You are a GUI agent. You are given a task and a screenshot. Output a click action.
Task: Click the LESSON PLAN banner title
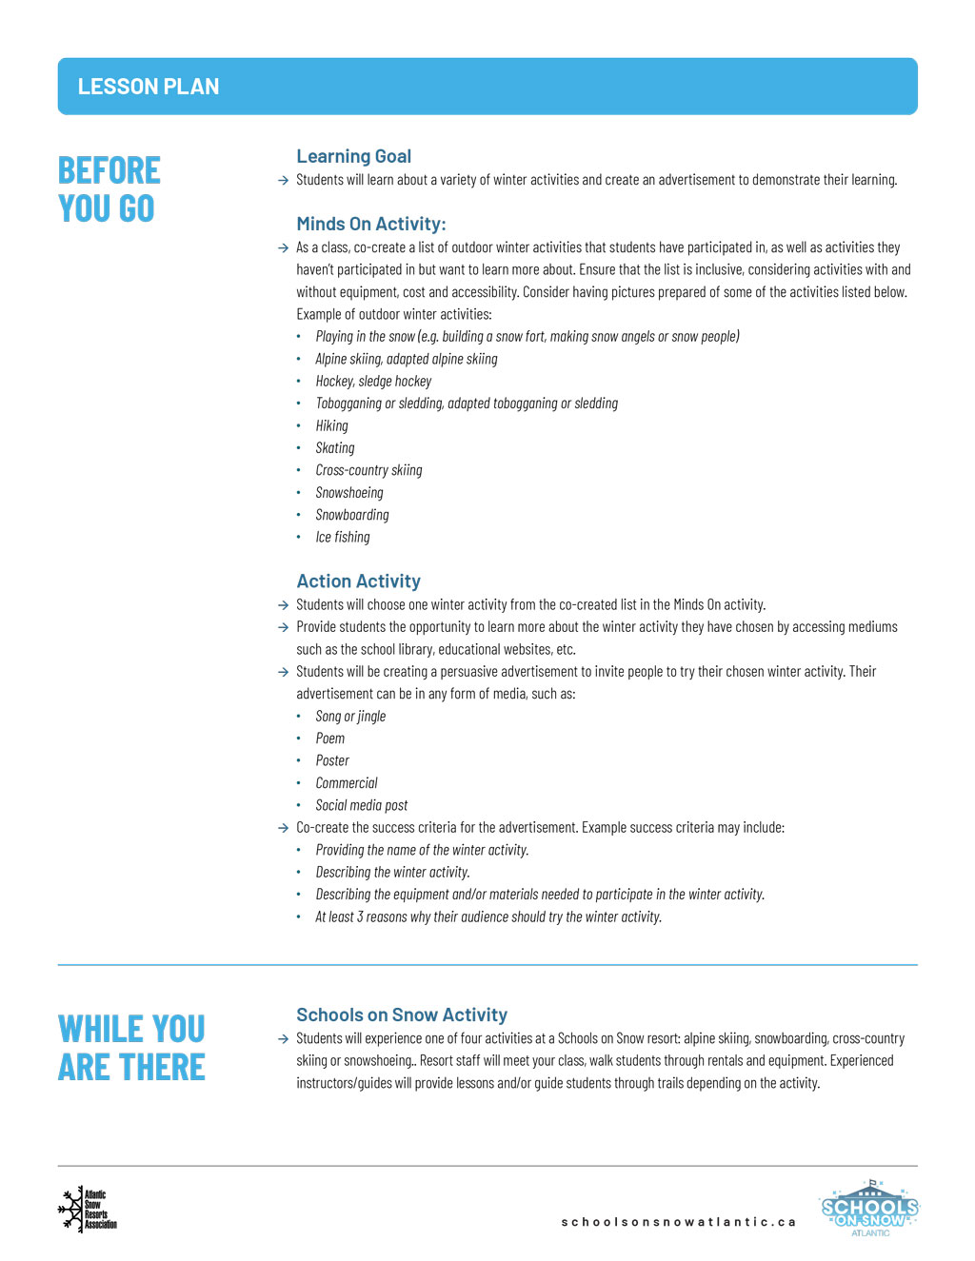pyautogui.click(x=149, y=87)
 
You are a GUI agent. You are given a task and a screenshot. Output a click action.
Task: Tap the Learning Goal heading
pyautogui.click(x=353, y=156)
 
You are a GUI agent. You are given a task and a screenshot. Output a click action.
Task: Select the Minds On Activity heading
pyautogui.click(x=370, y=224)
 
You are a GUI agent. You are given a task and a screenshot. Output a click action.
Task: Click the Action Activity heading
pyautogui.click(x=358, y=581)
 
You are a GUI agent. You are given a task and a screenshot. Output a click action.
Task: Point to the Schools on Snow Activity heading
pyautogui.click(x=401, y=1015)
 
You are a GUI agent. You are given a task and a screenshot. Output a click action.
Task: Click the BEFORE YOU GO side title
pyautogui.click(x=109, y=189)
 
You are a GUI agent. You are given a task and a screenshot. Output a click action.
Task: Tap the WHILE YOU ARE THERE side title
pyautogui.click(x=131, y=1048)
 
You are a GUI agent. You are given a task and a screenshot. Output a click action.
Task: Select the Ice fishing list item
pyautogui.click(x=343, y=537)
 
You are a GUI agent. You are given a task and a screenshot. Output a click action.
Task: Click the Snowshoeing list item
pyautogui.click(x=349, y=492)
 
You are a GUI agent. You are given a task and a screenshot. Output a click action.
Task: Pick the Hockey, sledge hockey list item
pyautogui.click(x=373, y=381)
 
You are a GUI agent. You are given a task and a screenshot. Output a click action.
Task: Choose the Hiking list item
pyautogui.click(x=331, y=425)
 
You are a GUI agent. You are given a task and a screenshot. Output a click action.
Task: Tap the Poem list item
pyautogui.click(x=330, y=738)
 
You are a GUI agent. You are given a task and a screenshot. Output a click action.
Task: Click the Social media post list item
pyautogui.click(x=361, y=805)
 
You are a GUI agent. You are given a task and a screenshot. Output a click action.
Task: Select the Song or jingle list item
pyautogui.click(x=350, y=716)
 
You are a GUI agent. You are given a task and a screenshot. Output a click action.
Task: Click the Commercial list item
pyautogui.click(x=347, y=782)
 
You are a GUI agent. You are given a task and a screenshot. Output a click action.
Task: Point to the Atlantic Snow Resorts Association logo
pyautogui.click(x=88, y=1210)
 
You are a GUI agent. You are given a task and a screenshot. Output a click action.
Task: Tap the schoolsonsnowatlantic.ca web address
pyautogui.click(x=678, y=1222)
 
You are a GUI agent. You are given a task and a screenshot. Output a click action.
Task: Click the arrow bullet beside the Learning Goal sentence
pyautogui.click(x=283, y=181)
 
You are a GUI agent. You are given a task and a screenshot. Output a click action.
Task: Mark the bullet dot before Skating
pyautogui.click(x=298, y=448)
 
